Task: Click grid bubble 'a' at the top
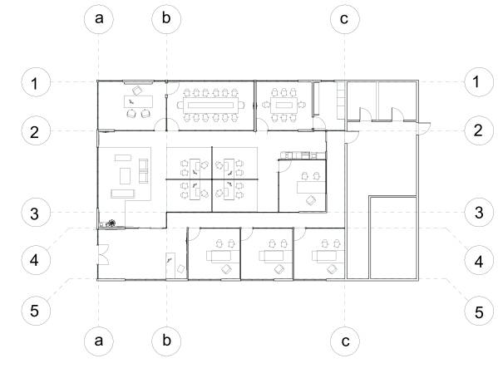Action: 99,18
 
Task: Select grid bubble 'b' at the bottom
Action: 167,340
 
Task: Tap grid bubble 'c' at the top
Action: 343,18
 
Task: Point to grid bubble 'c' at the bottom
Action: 343,340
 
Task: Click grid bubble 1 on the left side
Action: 34,82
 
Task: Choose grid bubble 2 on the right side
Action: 477,130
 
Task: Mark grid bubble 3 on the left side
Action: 34,213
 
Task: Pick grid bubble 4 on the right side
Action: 477,260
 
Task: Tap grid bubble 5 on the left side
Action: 34,311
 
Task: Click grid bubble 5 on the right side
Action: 477,312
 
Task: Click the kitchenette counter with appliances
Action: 296,155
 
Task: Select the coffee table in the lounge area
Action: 126,174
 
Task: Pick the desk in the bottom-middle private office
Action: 271,257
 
